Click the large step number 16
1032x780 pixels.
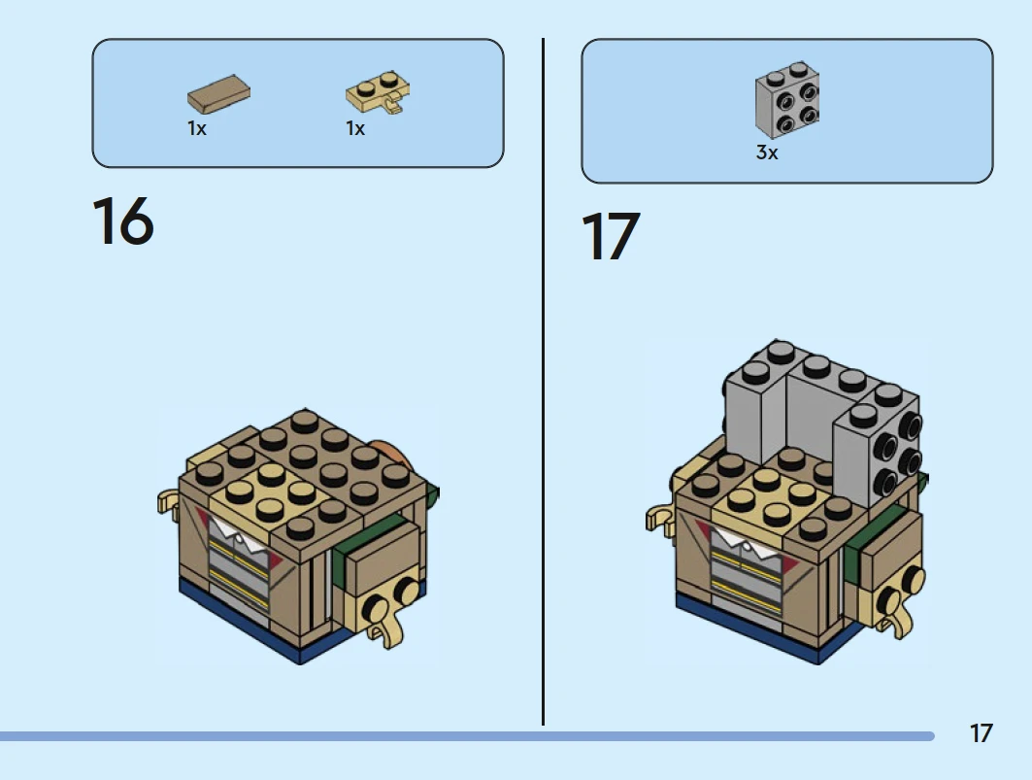pyautogui.click(x=123, y=220)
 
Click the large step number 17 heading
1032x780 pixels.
pyautogui.click(x=611, y=236)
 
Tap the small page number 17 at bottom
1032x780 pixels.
pyautogui.click(x=981, y=733)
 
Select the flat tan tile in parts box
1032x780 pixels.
pyautogui.click(x=218, y=94)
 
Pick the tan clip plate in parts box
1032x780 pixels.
pyautogui.click(x=379, y=92)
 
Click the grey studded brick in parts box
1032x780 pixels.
pyautogui.click(x=787, y=100)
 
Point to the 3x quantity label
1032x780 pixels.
pyautogui.click(x=767, y=153)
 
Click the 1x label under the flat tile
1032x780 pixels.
pyautogui.click(x=197, y=128)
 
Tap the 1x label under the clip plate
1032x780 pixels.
pyautogui.click(x=355, y=128)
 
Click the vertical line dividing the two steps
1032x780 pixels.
pyautogui.click(x=543, y=382)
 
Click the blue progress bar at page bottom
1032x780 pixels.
pyautogui.click(x=467, y=736)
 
